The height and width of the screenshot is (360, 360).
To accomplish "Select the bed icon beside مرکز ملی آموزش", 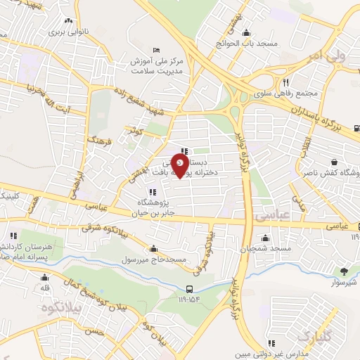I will (x=156, y=49).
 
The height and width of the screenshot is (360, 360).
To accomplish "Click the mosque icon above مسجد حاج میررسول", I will (x=153, y=248).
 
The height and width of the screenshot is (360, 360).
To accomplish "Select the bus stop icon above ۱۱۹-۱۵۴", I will (x=191, y=289).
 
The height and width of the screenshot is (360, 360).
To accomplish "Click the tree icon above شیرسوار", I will (x=344, y=271).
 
